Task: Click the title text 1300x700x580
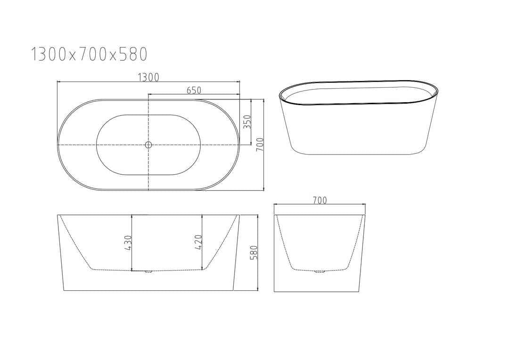89,54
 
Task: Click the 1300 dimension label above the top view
148,77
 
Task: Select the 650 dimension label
194,90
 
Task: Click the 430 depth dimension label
128,242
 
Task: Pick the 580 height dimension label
254,253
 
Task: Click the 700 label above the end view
320,200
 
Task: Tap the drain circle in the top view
148,145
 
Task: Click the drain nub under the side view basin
148,272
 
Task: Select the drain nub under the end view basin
320,271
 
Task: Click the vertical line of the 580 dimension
258,273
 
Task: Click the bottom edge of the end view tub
320,291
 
